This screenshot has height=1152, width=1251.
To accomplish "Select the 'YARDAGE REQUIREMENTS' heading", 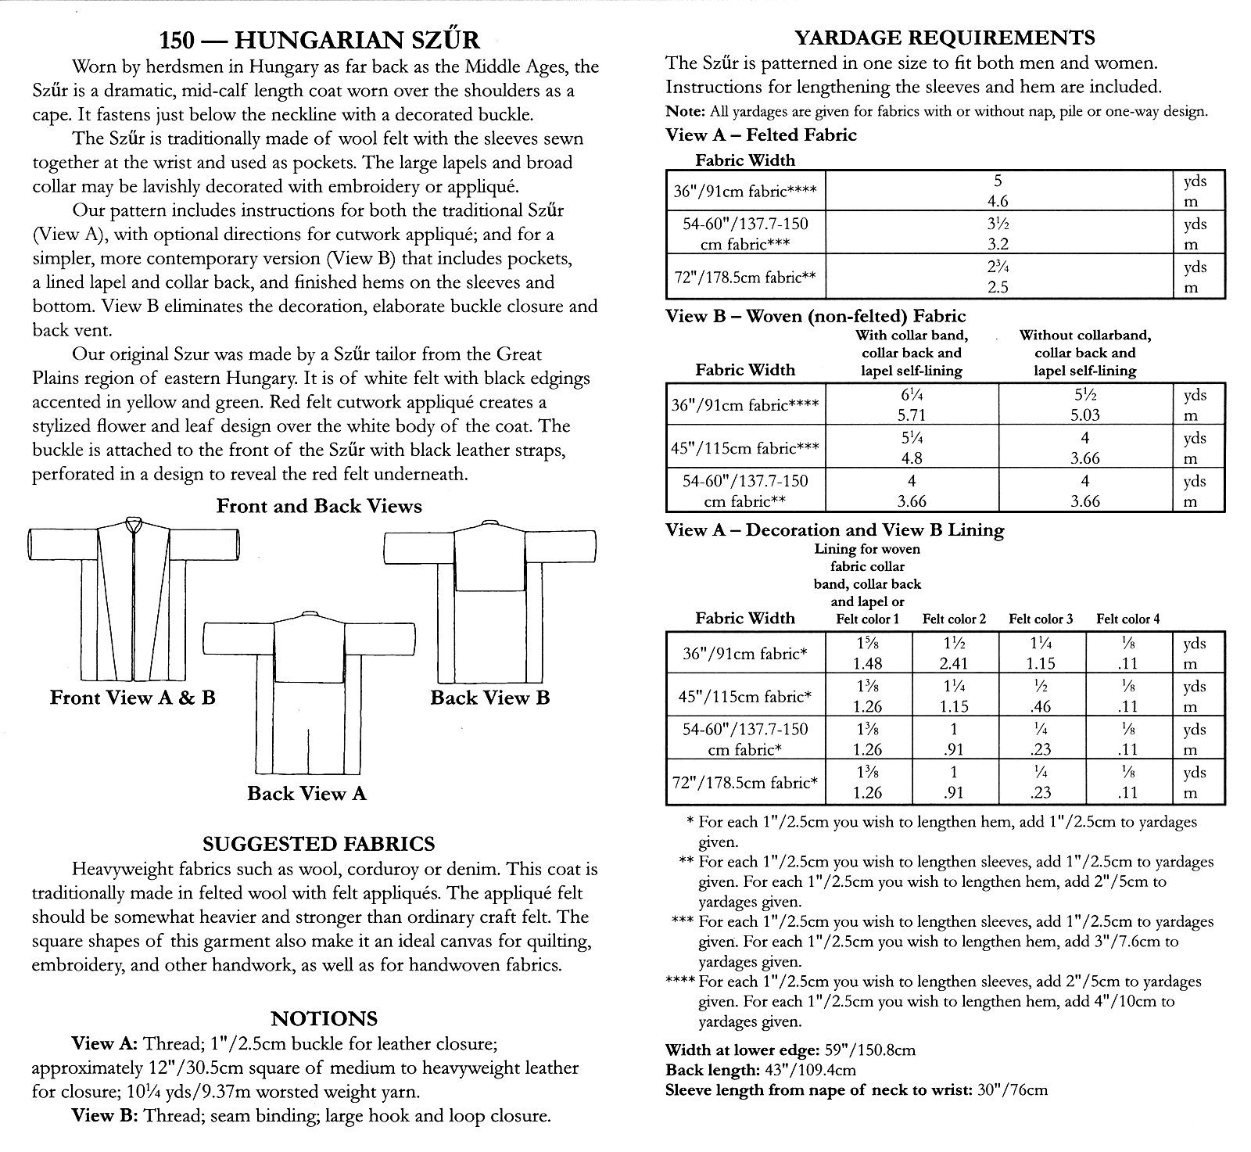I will [945, 37].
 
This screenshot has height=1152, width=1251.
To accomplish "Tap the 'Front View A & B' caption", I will [133, 698].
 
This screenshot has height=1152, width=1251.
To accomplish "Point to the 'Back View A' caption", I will [306, 794].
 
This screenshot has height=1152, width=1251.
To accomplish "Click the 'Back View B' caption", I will [490, 698].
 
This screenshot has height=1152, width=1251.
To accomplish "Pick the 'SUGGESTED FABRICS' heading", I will [318, 844].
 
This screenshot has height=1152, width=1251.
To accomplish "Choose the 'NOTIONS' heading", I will [324, 1018].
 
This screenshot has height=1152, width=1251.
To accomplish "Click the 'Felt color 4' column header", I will [1127, 619].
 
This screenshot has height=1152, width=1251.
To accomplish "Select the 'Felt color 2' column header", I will [954, 619].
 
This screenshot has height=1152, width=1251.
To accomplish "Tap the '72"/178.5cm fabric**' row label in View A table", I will [744, 277].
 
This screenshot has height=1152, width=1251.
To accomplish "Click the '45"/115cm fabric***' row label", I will [744, 448].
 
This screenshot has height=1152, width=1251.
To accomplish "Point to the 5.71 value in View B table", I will [910, 415].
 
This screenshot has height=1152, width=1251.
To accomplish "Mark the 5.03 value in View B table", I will [1084, 415].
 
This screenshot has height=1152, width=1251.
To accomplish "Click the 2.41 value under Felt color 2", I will [954, 664].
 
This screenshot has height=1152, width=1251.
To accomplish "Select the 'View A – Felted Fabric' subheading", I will [761, 135].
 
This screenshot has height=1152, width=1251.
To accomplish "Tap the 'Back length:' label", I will [711, 1070].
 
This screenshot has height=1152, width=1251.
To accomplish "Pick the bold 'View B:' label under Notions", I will [104, 1116].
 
